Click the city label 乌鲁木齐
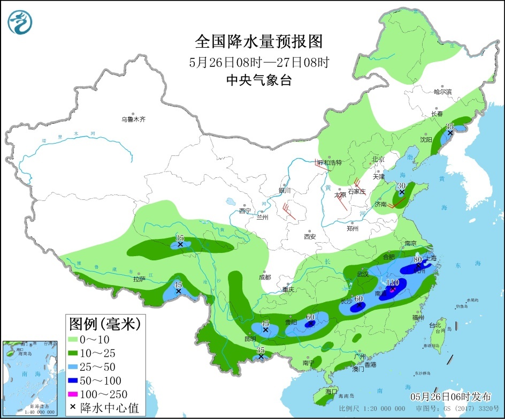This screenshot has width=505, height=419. pyautogui.click(x=133, y=119)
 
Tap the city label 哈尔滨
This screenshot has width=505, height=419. pyautogui.click(x=442, y=92)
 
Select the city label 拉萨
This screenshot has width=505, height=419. pyautogui.click(x=139, y=279)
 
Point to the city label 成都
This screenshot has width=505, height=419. pyautogui.click(x=264, y=278)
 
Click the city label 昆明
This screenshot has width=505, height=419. pyautogui.click(x=250, y=339)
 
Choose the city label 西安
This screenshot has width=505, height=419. pyautogui.click(x=310, y=236)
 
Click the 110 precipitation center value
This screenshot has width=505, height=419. pyautogui.click(x=393, y=282)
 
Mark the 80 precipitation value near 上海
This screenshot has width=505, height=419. pyautogui.click(x=418, y=259)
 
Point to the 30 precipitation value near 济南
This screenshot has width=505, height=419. pyautogui.click(x=401, y=185)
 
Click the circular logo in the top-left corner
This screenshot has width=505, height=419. pyautogui.click(x=20, y=21)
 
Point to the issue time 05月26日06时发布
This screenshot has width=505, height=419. pyautogui.click(x=450, y=397)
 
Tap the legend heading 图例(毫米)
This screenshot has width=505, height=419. pyautogui.click(x=104, y=324)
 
